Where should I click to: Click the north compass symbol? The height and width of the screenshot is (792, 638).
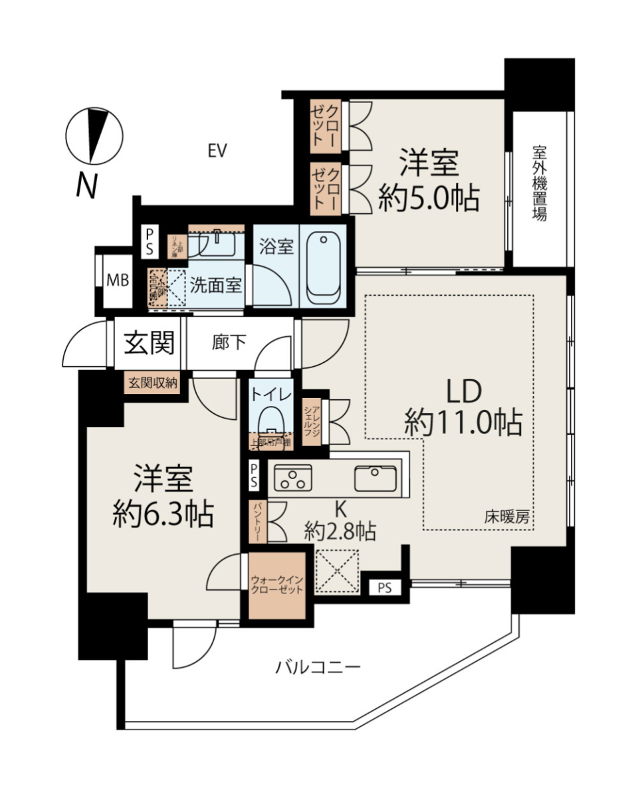[94, 136]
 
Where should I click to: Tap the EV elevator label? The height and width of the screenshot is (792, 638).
[217, 151]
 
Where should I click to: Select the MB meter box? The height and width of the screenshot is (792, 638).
[118, 280]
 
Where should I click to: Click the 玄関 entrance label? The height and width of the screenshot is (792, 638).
[149, 343]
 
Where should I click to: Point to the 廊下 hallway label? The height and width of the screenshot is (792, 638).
[229, 344]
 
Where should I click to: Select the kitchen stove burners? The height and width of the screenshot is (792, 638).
[293, 477]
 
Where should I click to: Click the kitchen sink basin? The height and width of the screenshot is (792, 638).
[375, 477]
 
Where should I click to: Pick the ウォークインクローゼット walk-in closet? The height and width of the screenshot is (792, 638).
[277, 585]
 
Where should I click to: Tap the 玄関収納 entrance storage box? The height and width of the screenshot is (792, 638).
[153, 383]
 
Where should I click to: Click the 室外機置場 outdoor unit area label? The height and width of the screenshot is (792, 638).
[539, 183]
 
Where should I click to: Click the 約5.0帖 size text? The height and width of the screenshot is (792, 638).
[429, 198]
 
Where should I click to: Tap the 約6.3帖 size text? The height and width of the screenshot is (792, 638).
[163, 514]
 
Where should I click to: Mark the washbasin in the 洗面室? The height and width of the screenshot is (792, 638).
[217, 243]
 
